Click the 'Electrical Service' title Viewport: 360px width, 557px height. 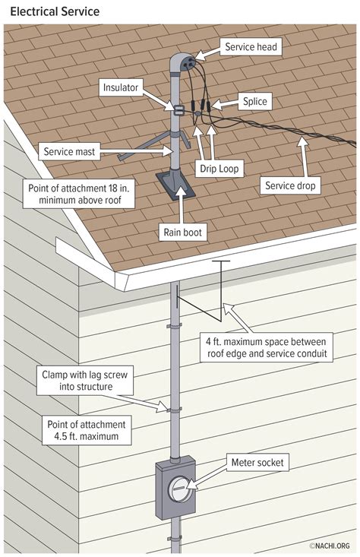[x=55, y=12]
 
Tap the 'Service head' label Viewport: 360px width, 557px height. [x=251, y=47]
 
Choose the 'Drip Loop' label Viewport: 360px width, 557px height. [x=220, y=168]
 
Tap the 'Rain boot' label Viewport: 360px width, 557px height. [x=182, y=232]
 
